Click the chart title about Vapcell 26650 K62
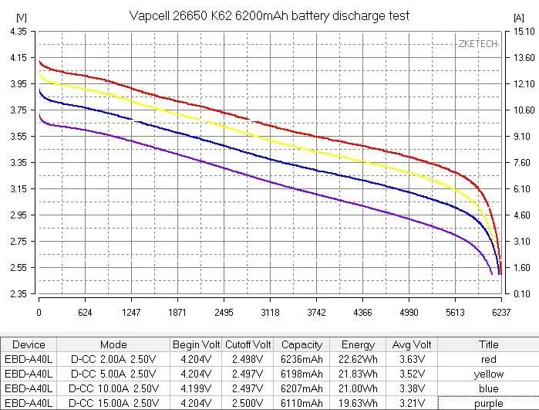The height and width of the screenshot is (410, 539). [269, 15]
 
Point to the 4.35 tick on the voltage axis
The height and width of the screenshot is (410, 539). [17, 32]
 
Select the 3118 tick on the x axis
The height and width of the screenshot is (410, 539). [270, 312]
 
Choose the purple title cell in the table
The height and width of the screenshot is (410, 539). [489, 403]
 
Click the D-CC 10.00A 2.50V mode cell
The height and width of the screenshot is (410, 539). [113, 388]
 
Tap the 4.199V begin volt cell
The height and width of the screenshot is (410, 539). [196, 388]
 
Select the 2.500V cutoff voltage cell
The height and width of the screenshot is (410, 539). [248, 403]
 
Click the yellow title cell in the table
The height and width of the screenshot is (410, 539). [489, 374]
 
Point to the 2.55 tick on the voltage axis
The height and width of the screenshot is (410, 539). [17, 268]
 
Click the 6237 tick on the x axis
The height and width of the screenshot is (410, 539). [500, 312]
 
